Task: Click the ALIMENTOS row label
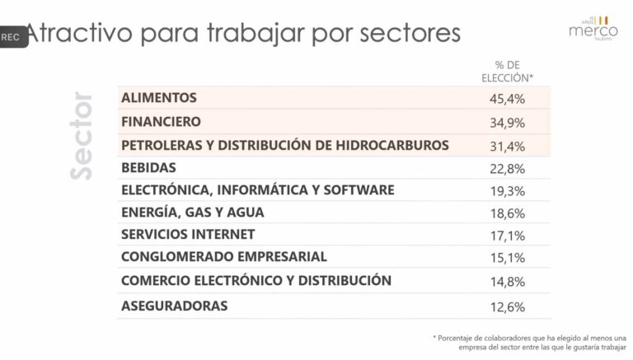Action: click(x=159, y=97)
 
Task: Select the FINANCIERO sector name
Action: click(x=161, y=121)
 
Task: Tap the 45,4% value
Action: click(x=507, y=99)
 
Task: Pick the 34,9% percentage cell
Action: click(x=507, y=122)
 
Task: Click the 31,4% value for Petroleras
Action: click(x=507, y=146)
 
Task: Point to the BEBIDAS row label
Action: click(x=148, y=167)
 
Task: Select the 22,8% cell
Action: click(x=507, y=168)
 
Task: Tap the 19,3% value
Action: click(x=507, y=190)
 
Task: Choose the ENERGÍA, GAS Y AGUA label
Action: click(x=192, y=212)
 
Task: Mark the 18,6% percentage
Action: click(x=507, y=213)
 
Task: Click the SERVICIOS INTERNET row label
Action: click(x=188, y=234)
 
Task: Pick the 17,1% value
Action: click(x=507, y=235)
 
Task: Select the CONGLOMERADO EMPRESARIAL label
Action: click(x=223, y=256)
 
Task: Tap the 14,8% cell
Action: click(x=507, y=281)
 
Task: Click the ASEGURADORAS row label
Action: click(x=174, y=306)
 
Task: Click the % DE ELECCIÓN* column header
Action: click(x=507, y=71)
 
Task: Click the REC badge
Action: click(x=12, y=37)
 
